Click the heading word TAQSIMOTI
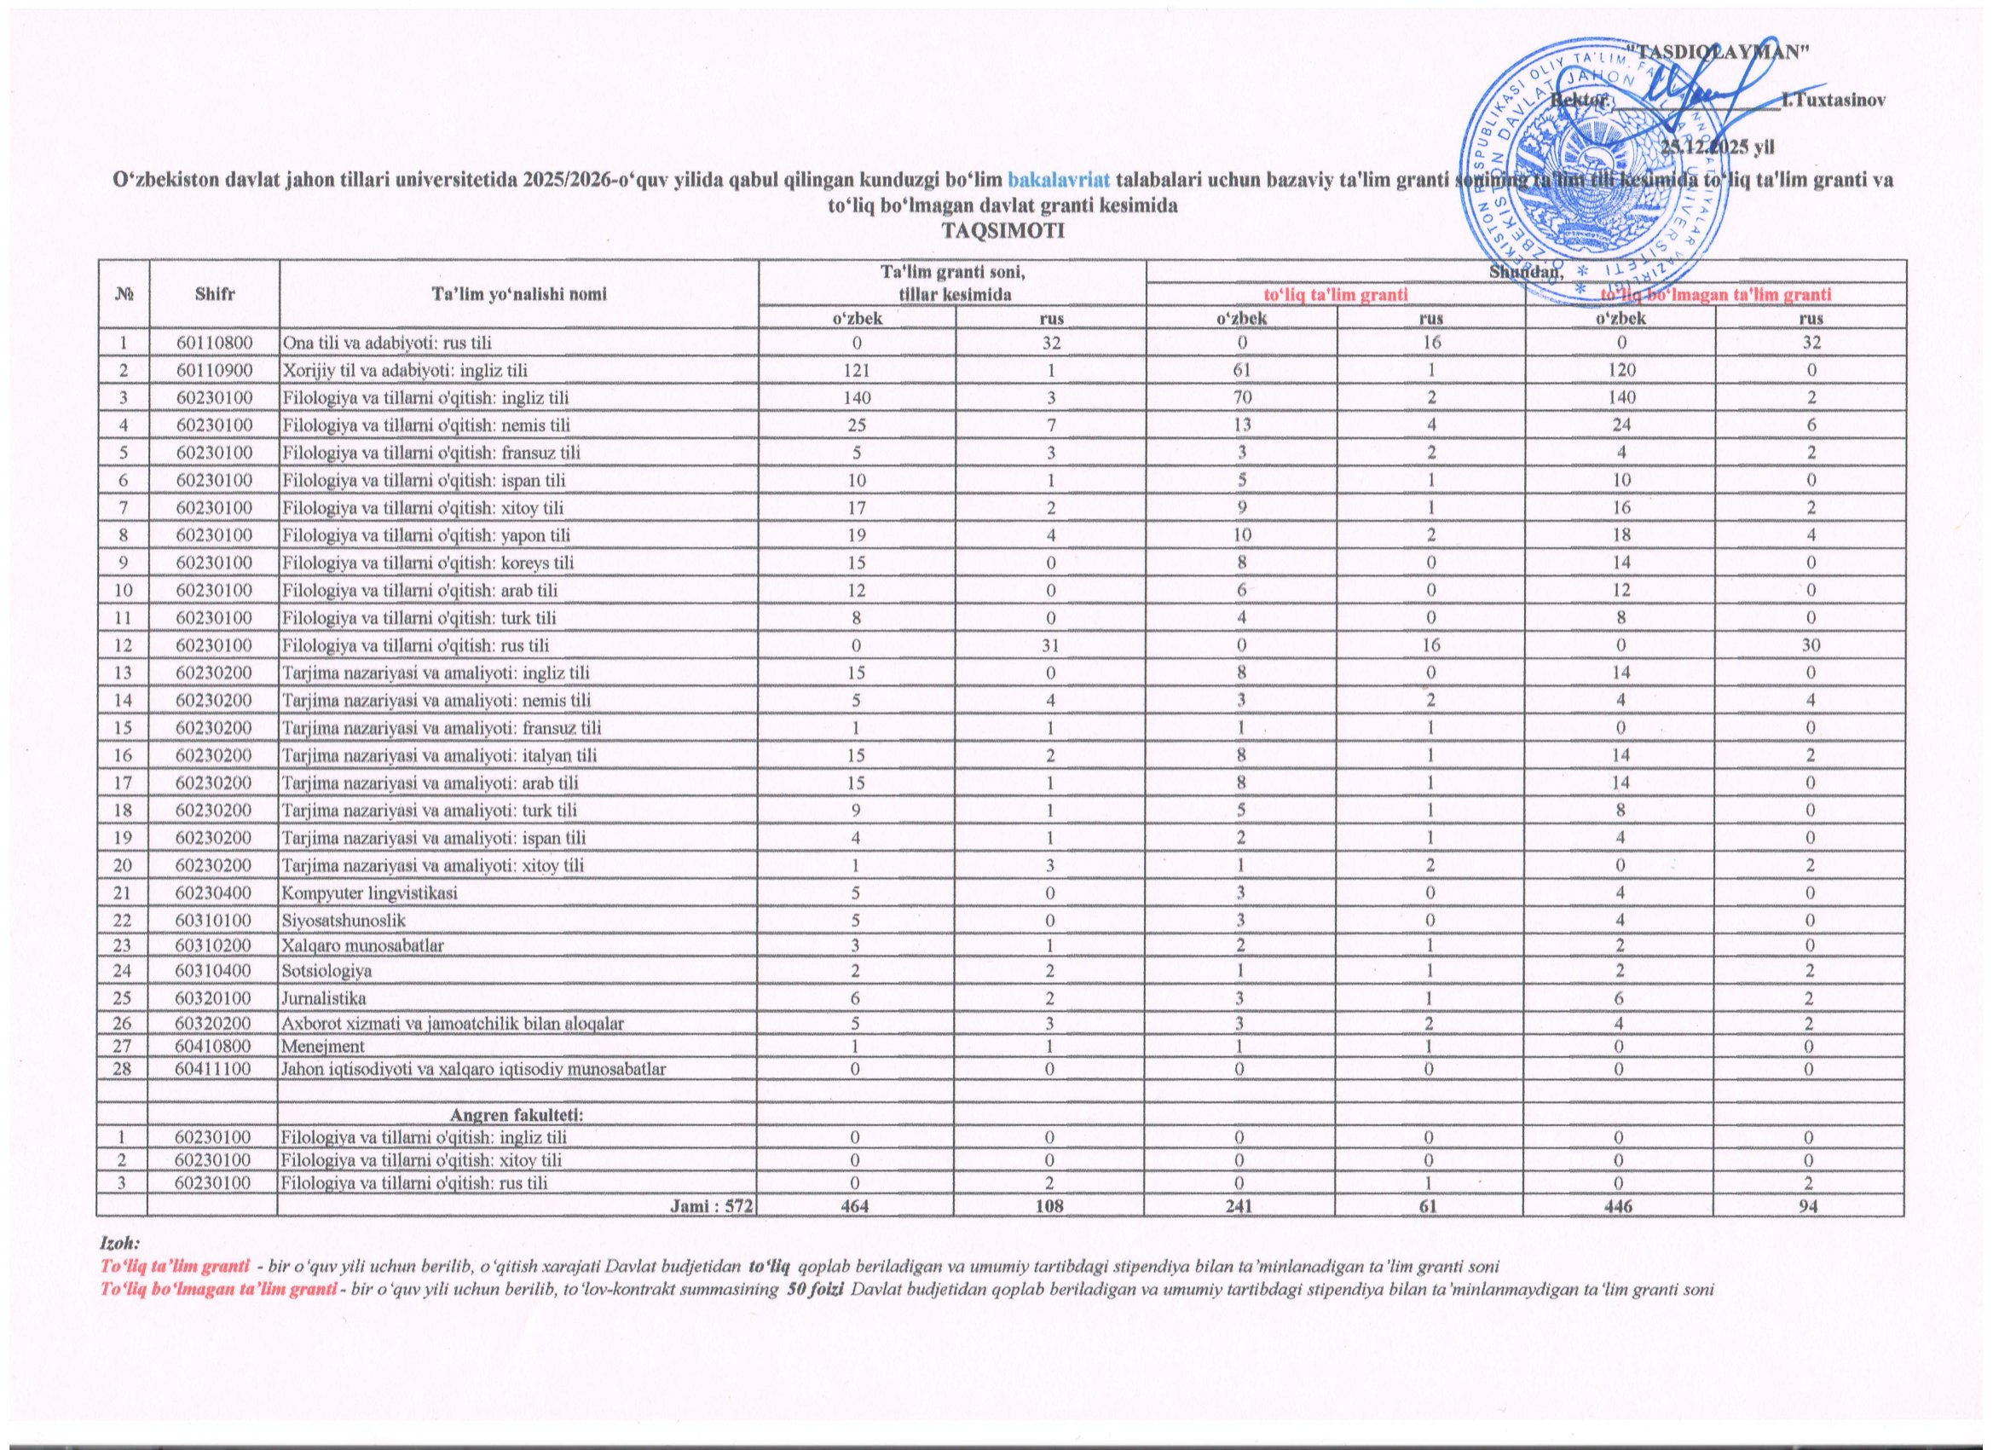tap(1002, 232)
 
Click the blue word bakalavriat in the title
tap(1059, 180)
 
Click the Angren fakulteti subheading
tap(517, 1115)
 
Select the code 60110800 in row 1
tap(215, 343)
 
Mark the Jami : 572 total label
tap(712, 1206)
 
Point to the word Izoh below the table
tap(120, 1244)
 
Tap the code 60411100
tap(215, 1070)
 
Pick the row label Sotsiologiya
tap(326, 971)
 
